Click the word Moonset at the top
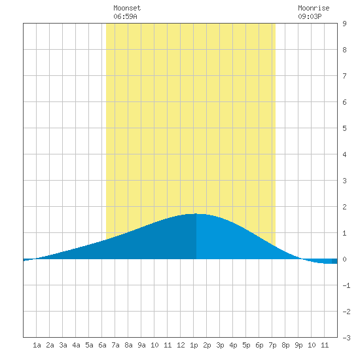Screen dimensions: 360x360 point(127,8)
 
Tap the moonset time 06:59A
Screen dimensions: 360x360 point(125,16)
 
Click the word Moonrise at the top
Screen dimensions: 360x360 point(314,8)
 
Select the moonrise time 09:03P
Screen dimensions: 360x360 point(310,16)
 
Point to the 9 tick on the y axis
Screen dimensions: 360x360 point(344,24)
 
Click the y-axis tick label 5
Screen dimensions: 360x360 point(344,128)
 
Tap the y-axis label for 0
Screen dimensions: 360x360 point(344,259)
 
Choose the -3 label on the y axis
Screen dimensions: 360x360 point(346,338)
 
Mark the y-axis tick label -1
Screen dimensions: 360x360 point(346,285)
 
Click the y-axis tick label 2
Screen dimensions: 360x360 point(344,207)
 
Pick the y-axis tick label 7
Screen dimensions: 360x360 point(344,76)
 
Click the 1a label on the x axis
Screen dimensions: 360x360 point(37,345)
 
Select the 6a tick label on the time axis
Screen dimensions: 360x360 point(102,345)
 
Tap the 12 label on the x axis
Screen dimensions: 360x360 point(181,345)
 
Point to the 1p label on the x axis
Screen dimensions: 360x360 point(194,345)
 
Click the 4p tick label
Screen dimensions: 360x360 point(233,345)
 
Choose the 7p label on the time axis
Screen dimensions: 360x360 point(272,345)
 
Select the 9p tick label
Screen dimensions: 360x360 point(298,345)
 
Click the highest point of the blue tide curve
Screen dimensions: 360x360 point(196,214)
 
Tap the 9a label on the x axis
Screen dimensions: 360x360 point(141,345)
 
